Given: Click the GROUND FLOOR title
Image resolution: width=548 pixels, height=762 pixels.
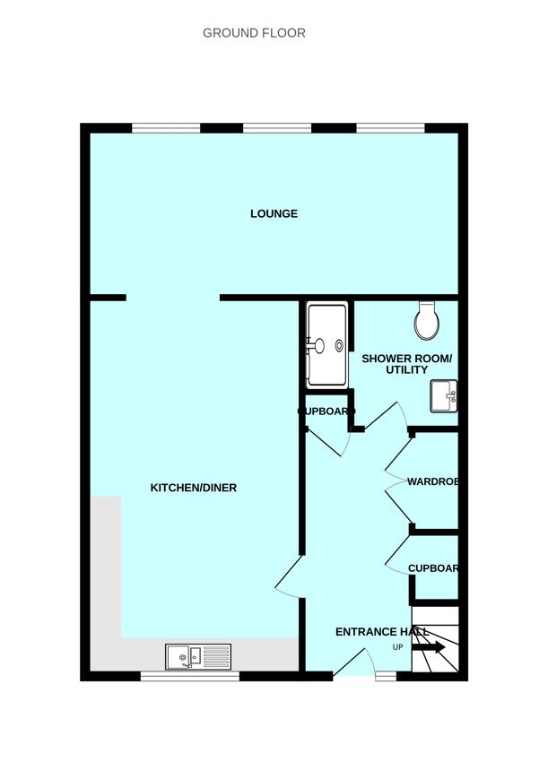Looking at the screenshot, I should coord(254,33).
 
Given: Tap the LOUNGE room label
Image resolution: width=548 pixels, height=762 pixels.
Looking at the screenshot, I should coord(274,213).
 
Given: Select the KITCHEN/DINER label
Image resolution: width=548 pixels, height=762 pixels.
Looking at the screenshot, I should coord(193,488).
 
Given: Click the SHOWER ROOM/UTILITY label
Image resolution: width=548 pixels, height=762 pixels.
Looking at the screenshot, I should coord(406,364).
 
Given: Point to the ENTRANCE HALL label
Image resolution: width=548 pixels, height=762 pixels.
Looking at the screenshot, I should coord(382,632).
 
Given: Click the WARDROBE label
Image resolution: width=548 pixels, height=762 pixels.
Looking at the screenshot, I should coord(433,481).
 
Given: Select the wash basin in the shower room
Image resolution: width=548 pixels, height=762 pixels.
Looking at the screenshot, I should coord(444,396).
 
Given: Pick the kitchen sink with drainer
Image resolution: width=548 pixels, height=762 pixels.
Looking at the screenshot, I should coord(198,657).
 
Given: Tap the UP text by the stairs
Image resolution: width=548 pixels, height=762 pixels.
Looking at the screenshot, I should coord(397,647).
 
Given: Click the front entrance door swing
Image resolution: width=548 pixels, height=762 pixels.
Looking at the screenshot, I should coord(354,663).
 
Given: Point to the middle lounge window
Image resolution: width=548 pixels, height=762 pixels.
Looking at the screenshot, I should coord(277,128).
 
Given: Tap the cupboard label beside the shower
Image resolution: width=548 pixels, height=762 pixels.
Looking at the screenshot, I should coord(322,411).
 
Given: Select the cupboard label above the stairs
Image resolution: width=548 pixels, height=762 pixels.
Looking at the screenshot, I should coord(433,568).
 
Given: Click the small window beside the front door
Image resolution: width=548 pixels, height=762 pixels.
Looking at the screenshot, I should coord(386,677).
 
